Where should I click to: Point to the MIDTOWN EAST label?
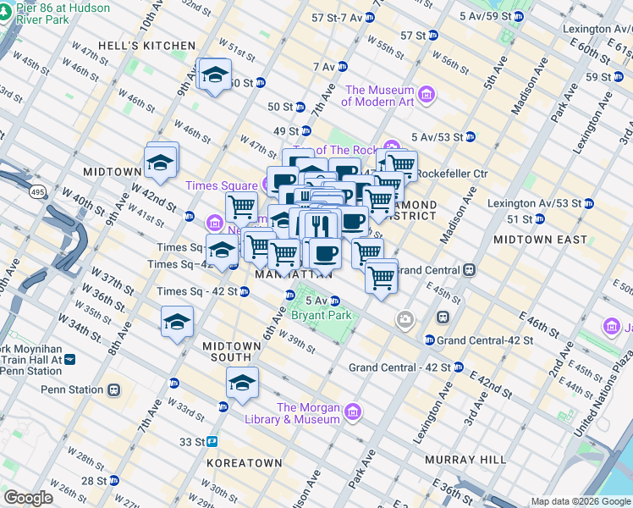pyautogui.click(x=540, y=240)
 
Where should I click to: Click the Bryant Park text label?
pyautogui.click(x=320, y=315)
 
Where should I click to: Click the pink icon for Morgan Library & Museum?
pyautogui.click(x=353, y=412)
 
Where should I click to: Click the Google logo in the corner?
pyautogui.click(x=28, y=497)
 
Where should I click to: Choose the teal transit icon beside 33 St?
pyautogui.click(x=213, y=441)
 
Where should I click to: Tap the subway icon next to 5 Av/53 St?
pyautogui.click(x=470, y=137)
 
